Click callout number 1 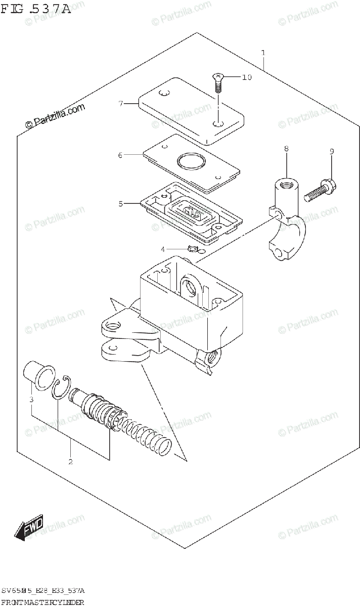(263, 53)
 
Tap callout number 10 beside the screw (246, 77)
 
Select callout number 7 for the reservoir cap (121, 104)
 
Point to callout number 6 (120, 155)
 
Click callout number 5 (121, 204)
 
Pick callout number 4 (163, 249)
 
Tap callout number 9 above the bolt (332, 151)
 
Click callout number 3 (31, 400)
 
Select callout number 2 (70, 461)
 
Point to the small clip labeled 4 (192, 249)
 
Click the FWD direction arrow (30, 527)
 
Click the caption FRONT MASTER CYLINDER (42, 601)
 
